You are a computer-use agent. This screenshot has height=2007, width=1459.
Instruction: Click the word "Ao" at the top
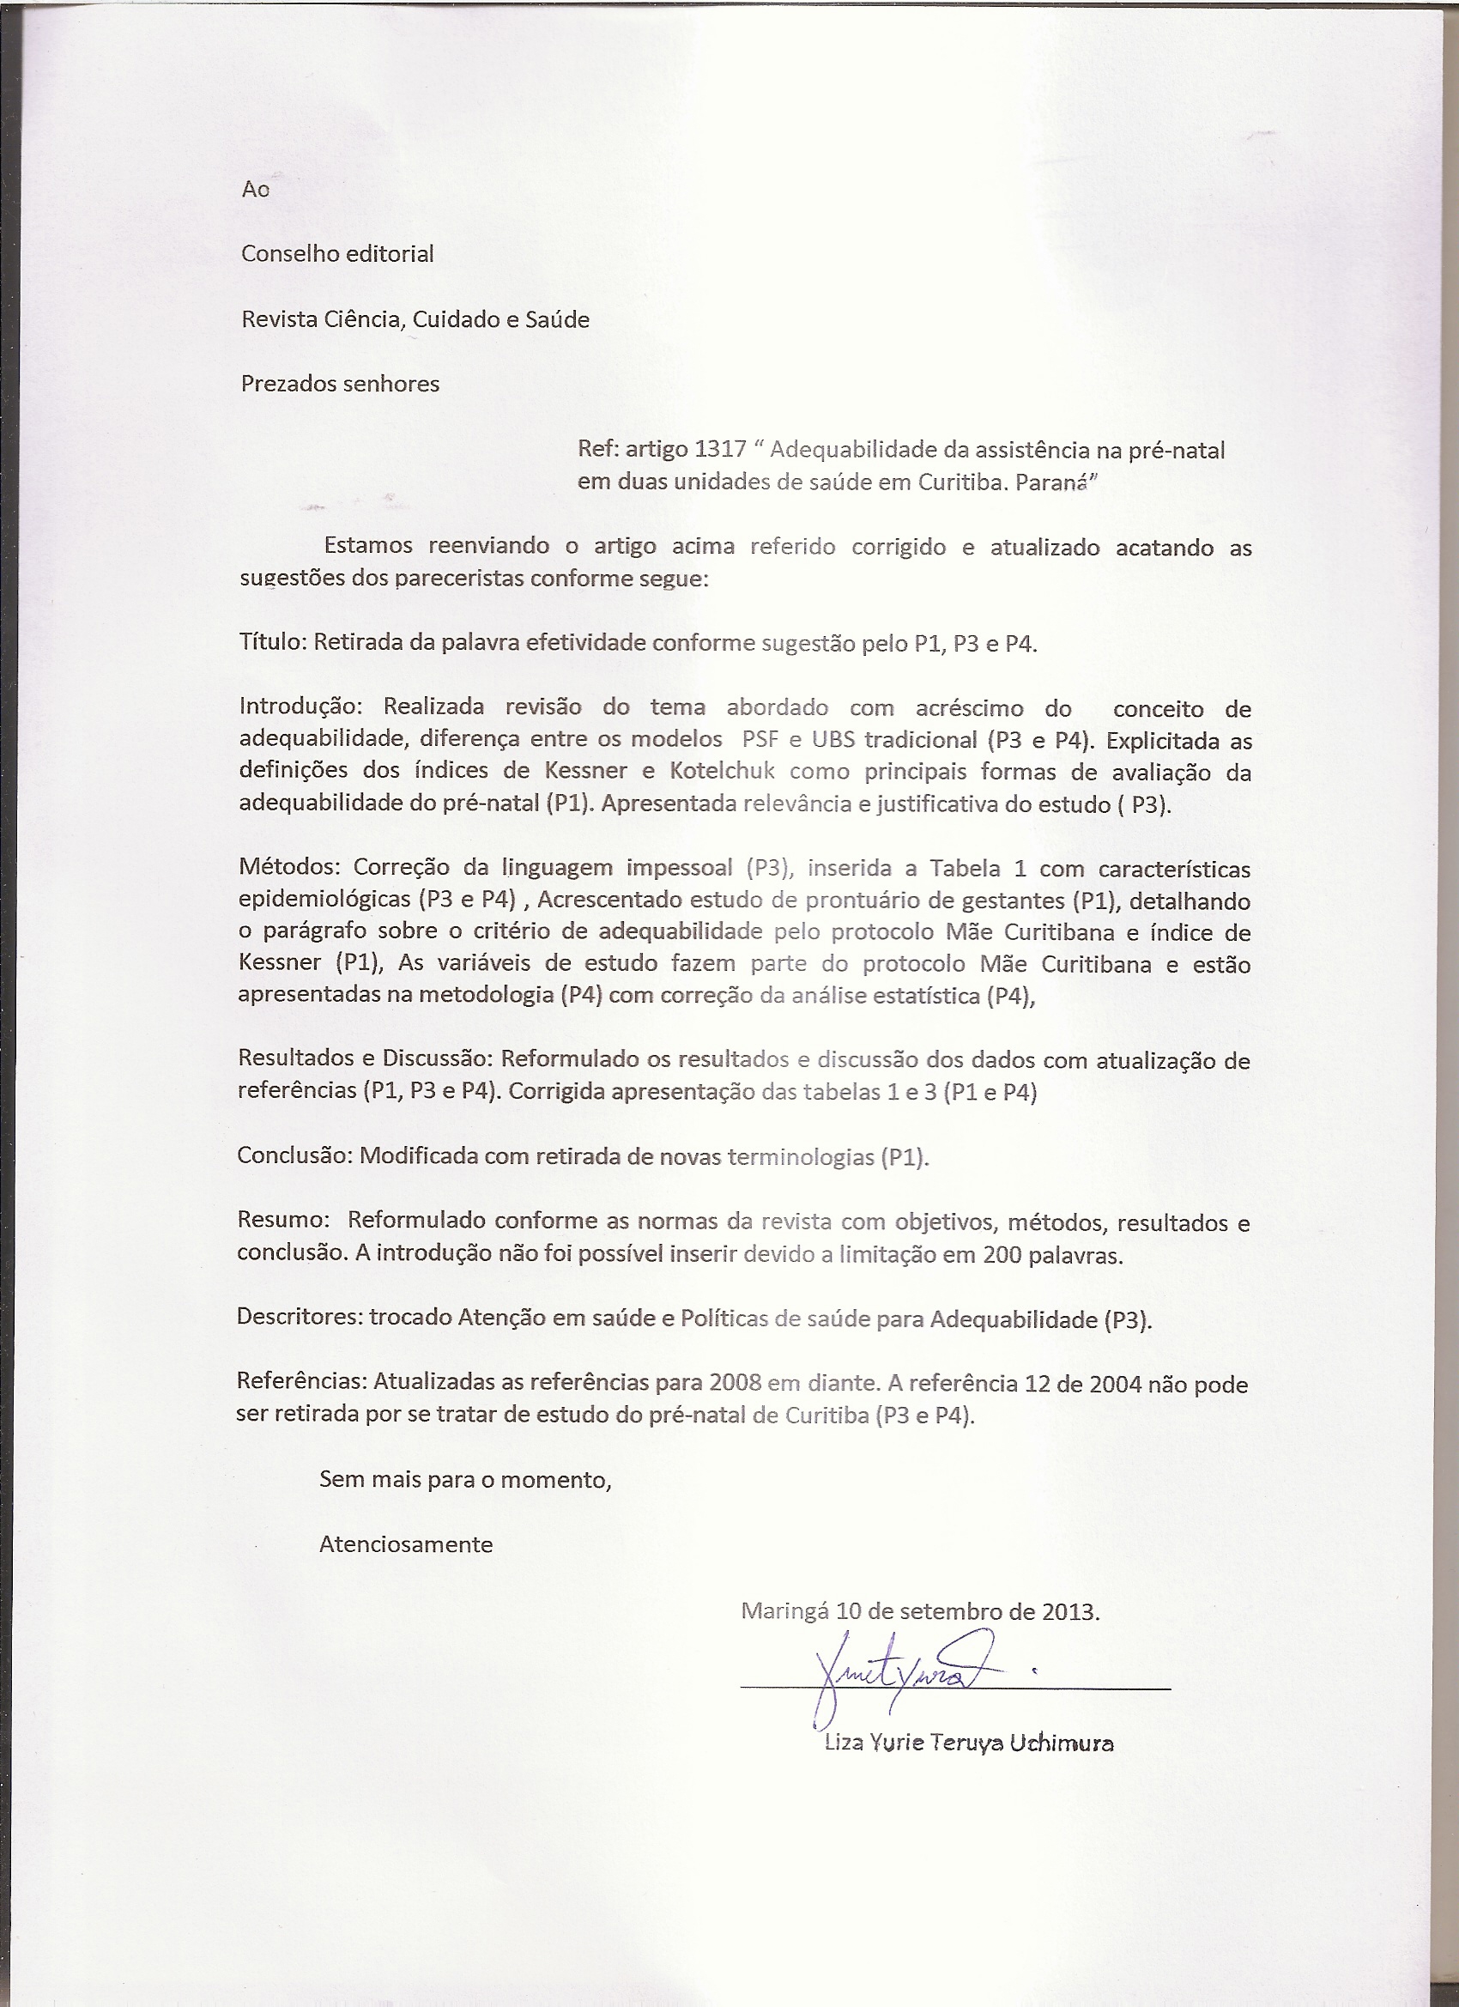click(255, 190)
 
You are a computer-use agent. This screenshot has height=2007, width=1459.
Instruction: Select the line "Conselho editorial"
click(337, 254)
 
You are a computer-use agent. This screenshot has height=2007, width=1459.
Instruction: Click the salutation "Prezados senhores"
click(340, 384)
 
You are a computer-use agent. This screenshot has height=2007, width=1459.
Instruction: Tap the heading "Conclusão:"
click(294, 1155)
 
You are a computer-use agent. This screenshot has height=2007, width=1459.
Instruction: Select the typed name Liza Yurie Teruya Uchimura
click(968, 1743)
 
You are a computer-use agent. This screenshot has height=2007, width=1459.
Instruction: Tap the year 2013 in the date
click(1069, 1610)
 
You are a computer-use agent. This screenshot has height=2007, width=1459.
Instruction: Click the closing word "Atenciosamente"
click(406, 1544)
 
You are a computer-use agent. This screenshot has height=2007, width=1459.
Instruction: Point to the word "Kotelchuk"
click(722, 771)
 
